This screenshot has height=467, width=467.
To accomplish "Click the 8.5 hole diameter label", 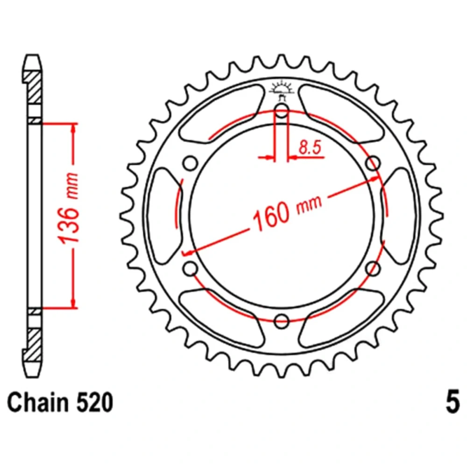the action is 310,148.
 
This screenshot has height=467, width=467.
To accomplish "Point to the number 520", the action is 95,403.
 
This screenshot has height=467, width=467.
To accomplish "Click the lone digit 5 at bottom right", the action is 453,403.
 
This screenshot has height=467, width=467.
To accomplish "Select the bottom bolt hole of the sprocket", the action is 282,321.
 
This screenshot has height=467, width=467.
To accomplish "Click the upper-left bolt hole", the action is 190,163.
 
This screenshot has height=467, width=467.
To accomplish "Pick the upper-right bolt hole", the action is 373,163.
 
